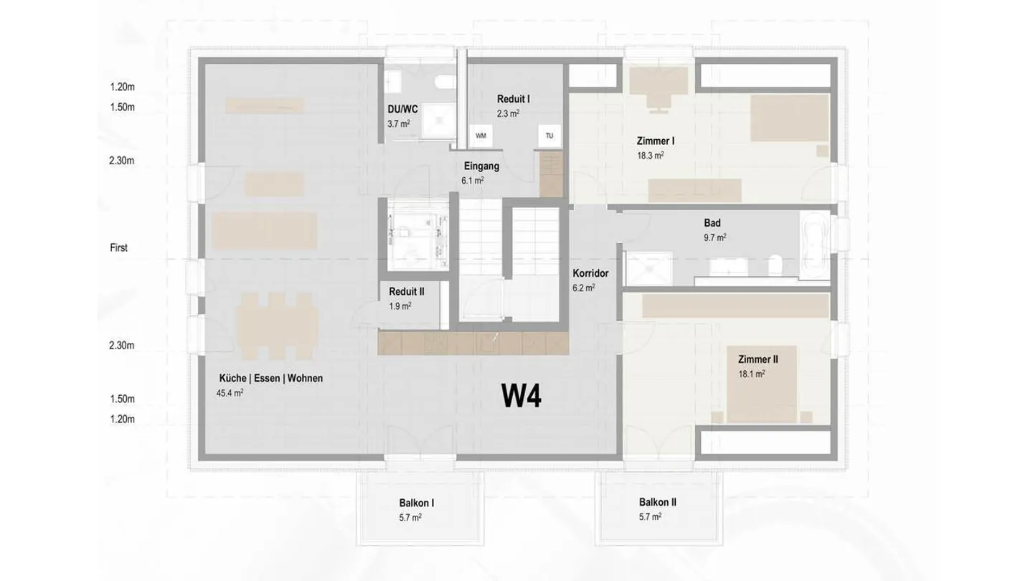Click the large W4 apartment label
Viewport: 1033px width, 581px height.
coord(521,396)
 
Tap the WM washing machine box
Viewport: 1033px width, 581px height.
coord(481,136)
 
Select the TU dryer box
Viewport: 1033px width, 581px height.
coord(549,136)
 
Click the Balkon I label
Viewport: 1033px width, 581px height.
coord(416,503)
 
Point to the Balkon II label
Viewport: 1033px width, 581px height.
coord(658,502)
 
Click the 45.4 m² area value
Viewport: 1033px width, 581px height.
coord(230,393)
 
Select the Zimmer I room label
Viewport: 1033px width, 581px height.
coord(656,141)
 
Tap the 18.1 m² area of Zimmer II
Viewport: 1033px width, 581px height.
coord(752,374)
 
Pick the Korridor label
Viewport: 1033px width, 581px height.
coord(590,273)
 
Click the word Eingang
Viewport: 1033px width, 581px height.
coord(481,166)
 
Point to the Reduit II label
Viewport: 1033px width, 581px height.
coord(406,291)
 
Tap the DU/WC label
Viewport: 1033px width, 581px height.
coord(402,109)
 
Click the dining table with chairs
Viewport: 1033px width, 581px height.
coord(277,326)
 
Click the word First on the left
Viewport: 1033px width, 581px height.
coord(118,247)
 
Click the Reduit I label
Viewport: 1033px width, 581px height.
coord(514,99)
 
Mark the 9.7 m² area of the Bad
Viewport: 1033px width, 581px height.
coord(714,237)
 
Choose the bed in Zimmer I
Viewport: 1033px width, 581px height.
coord(790,118)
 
